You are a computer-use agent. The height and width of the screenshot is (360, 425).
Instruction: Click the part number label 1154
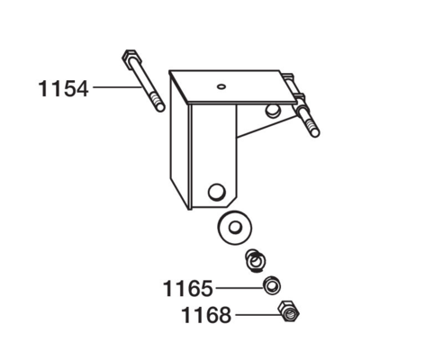[63, 88]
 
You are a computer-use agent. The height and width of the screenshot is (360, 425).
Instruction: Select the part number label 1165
[188, 289]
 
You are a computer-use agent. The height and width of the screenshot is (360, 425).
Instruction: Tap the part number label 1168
[206, 315]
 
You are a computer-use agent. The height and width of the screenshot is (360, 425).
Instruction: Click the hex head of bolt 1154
[131, 56]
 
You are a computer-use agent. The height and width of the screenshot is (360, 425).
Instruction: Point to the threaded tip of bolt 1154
[158, 103]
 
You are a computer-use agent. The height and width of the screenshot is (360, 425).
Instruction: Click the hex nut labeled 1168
[288, 311]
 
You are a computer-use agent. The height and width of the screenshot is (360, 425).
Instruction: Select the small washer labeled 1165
[272, 285]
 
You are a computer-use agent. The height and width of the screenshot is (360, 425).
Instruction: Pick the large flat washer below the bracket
[235, 228]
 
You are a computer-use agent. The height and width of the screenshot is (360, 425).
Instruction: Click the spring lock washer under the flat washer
[255, 261]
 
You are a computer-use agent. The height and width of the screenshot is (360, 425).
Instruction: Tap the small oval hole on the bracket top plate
[222, 86]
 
